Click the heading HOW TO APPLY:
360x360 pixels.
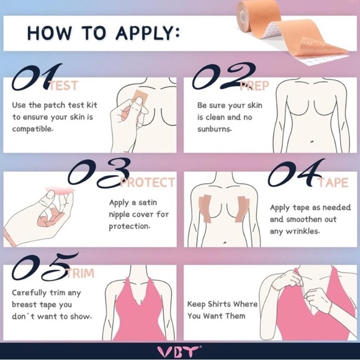point(103,32)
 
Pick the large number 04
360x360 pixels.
point(295,173)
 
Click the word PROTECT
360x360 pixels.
point(148,183)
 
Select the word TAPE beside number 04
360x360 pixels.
point(333,183)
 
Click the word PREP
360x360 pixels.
point(254,86)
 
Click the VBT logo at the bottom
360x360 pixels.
point(179,351)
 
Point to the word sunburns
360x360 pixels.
point(214,129)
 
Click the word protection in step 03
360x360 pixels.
point(129,226)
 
